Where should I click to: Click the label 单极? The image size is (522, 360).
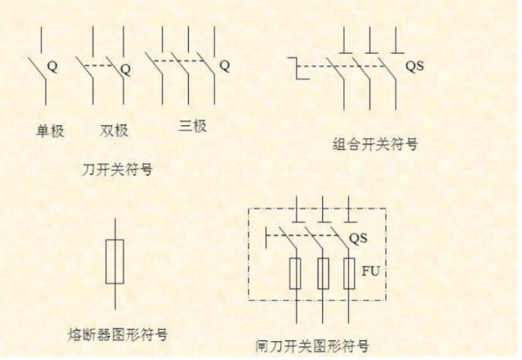pos(50,131)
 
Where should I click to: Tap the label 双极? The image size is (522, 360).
pos(114,130)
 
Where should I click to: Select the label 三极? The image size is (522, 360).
pos(192,126)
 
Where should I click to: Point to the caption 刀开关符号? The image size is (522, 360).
pos(117,169)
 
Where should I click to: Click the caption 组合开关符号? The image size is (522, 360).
pos(376,144)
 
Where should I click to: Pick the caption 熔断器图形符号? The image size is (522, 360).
pos(118,334)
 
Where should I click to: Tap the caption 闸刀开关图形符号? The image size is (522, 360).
pos(313,346)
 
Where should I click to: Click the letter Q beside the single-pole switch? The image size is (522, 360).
pos(52,66)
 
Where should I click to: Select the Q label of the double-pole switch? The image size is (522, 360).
pos(125,69)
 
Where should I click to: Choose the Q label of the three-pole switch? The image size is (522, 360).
pos(224,65)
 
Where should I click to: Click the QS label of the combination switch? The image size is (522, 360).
pos(415,66)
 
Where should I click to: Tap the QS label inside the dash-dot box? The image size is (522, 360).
pos(358,238)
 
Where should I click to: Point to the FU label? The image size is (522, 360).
pos(371,271)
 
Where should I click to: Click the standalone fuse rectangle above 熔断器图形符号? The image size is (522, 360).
pos(115,262)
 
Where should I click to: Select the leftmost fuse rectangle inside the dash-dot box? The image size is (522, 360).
pos(295,273)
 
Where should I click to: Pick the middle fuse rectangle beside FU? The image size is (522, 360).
pos(324,273)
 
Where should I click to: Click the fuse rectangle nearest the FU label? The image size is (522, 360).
pos(350,273)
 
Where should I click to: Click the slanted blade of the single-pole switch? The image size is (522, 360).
pos(37,70)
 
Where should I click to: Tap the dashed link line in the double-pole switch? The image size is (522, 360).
pos(98,65)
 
